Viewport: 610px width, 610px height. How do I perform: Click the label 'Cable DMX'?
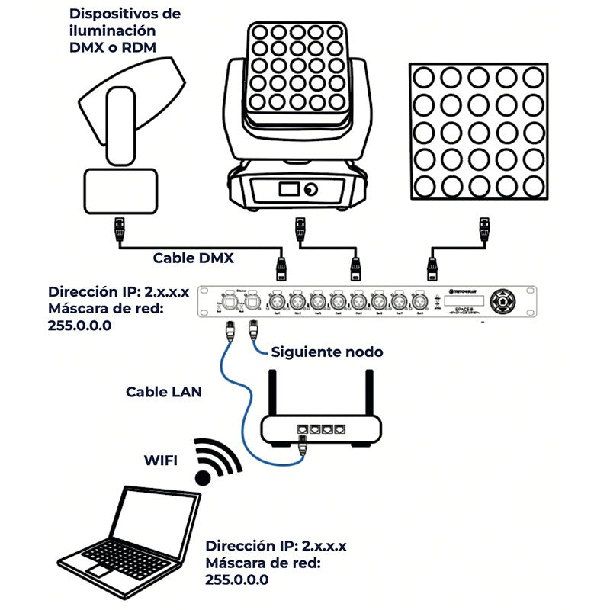click(193, 258)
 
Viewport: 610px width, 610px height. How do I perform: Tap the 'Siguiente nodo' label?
click(327, 352)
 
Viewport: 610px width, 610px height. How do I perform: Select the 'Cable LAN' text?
click(163, 391)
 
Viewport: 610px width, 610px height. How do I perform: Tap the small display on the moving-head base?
click(288, 188)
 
